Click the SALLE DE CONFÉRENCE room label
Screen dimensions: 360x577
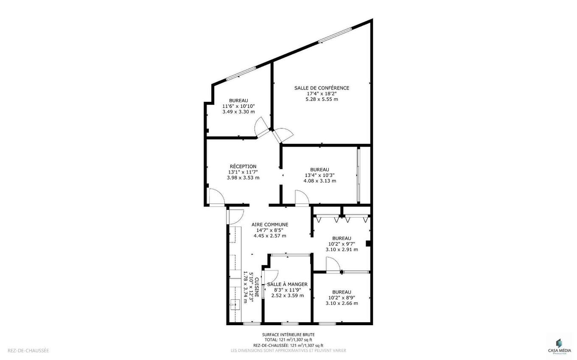[x=322, y=88]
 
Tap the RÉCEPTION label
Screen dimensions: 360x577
[x=243, y=166]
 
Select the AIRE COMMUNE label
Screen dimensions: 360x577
[x=270, y=225]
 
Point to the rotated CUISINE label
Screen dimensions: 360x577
[x=256, y=287]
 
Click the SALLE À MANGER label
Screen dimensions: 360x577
[x=287, y=284]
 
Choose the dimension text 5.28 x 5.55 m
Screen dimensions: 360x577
[x=322, y=99]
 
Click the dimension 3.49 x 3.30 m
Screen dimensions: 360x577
[x=238, y=112]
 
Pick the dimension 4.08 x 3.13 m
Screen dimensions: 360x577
[x=319, y=181]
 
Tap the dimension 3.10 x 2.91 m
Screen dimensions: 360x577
[x=342, y=249]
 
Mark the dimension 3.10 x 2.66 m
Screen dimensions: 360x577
[x=342, y=303]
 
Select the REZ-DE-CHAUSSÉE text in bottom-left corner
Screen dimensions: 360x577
[x=28, y=351]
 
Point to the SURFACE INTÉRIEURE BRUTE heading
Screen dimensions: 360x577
[x=288, y=335]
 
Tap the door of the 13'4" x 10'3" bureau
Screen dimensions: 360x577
[x=302, y=198]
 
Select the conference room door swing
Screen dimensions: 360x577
[x=282, y=135]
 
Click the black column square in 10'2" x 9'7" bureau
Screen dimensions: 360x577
[x=368, y=243]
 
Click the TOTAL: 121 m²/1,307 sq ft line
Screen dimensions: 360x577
[x=288, y=340]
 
